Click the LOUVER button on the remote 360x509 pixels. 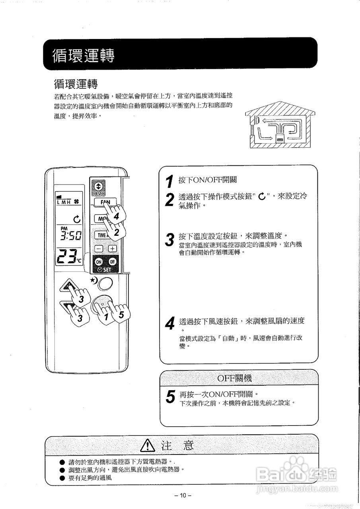[x=98, y=188]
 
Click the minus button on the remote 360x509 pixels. [x=99, y=249]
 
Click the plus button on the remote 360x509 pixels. [x=113, y=249]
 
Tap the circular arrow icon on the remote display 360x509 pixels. [x=77, y=219]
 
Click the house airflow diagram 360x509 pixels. [x=280, y=127]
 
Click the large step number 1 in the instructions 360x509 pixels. [x=169, y=181]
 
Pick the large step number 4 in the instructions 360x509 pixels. [x=169, y=324]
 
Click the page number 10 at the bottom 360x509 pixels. [x=183, y=495]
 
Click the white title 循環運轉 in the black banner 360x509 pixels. [x=84, y=56]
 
